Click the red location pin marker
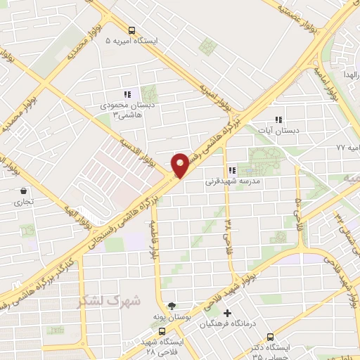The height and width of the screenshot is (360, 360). pyautogui.click(x=180, y=165)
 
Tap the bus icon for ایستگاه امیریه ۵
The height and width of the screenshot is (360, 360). pyautogui.click(x=132, y=30)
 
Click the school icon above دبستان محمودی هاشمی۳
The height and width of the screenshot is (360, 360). pyautogui.click(x=127, y=94)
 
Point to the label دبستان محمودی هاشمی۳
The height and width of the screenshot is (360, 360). pyautogui.click(x=127, y=109)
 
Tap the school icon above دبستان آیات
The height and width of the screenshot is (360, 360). pyautogui.click(x=279, y=120)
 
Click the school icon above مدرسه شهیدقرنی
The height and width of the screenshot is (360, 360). pyautogui.click(x=232, y=169)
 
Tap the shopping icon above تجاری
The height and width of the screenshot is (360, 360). pyautogui.click(x=24, y=191)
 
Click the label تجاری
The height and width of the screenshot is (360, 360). pyautogui.click(x=20, y=202)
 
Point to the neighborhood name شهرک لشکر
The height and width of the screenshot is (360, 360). pyautogui.click(x=110, y=301)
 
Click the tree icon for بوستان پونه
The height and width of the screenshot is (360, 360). pyautogui.click(x=172, y=306)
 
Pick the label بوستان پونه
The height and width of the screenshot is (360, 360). pyautogui.click(x=170, y=317)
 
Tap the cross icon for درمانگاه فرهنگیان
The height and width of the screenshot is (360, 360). pyautogui.click(x=226, y=313)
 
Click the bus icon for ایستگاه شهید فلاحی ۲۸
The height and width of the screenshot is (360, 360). pyautogui.click(x=162, y=331)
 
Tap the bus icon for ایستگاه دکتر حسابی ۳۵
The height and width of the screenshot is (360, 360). pyautogui.click(x=271, y=336)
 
